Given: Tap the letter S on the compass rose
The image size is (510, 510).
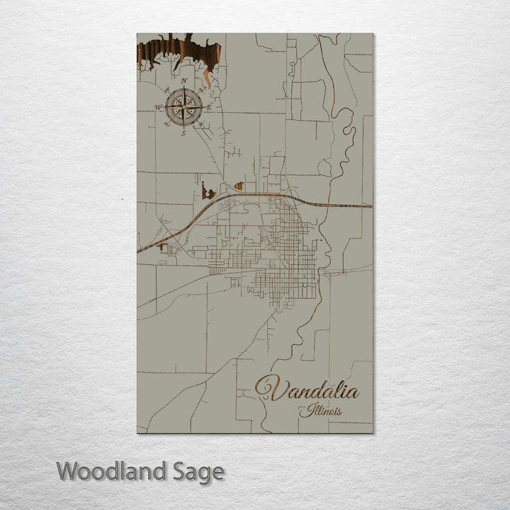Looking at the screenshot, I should [183, 133].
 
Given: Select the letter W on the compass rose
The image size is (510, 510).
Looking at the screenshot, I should [157, 108].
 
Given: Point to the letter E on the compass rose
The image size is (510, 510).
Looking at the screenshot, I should [209, 107].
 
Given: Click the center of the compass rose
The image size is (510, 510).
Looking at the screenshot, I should [183, 108].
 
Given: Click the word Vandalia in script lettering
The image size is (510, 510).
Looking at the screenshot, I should [307, 390].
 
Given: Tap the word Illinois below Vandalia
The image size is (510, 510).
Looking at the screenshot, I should [320, 411].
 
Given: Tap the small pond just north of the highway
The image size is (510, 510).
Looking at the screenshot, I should [239, 186].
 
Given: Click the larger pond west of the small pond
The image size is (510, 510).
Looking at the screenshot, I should [207, 190].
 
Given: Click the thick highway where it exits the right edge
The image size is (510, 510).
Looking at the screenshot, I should [368, 206].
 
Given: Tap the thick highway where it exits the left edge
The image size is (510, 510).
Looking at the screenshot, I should [140, 251].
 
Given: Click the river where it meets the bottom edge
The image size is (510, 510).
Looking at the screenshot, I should [263, 430].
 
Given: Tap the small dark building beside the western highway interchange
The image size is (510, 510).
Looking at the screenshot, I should [166, 247].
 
